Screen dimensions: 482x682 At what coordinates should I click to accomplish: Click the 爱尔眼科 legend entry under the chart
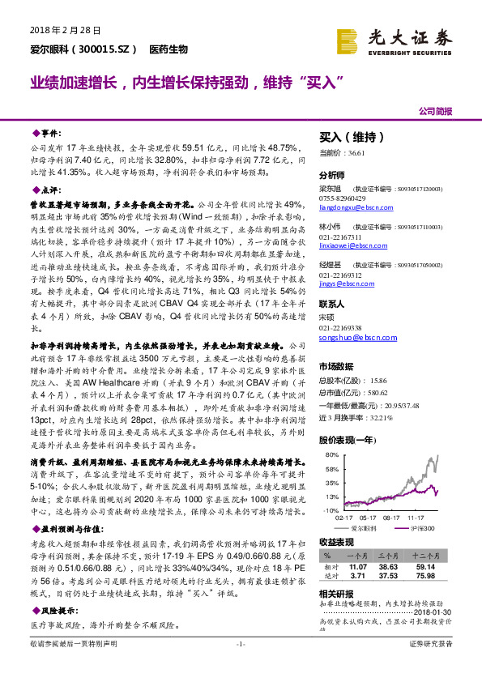pos(365,527)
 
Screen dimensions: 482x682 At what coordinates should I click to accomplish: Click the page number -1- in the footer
pos(241,667)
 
